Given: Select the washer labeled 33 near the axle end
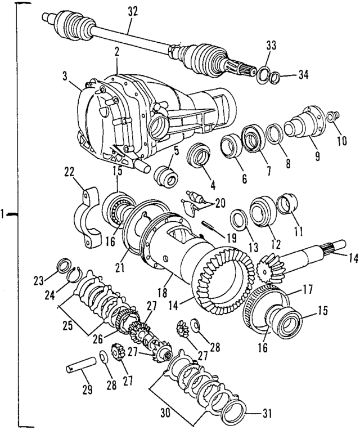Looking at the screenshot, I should (x=263, y=74).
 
